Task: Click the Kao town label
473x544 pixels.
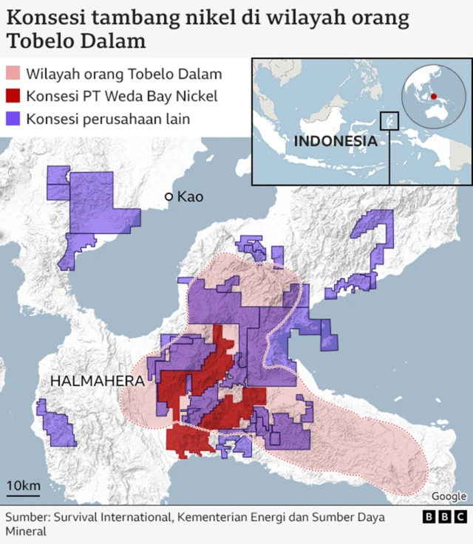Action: [x=190, y=197]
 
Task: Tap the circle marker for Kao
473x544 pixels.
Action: [x=169, y=197]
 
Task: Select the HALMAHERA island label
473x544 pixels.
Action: [x=98, y=381]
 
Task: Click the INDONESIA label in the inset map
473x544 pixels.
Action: [x=335, y=141]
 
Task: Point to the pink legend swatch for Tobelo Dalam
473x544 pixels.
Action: [x=13, y=75]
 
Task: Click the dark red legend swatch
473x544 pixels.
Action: [x=13, y=97]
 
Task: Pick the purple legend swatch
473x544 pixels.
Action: [x=13, y=119]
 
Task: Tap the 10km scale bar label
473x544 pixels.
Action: [x=23, y=485]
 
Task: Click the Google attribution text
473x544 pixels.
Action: [x=449, y=497]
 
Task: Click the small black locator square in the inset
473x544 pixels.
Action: [x=389, y=120]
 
